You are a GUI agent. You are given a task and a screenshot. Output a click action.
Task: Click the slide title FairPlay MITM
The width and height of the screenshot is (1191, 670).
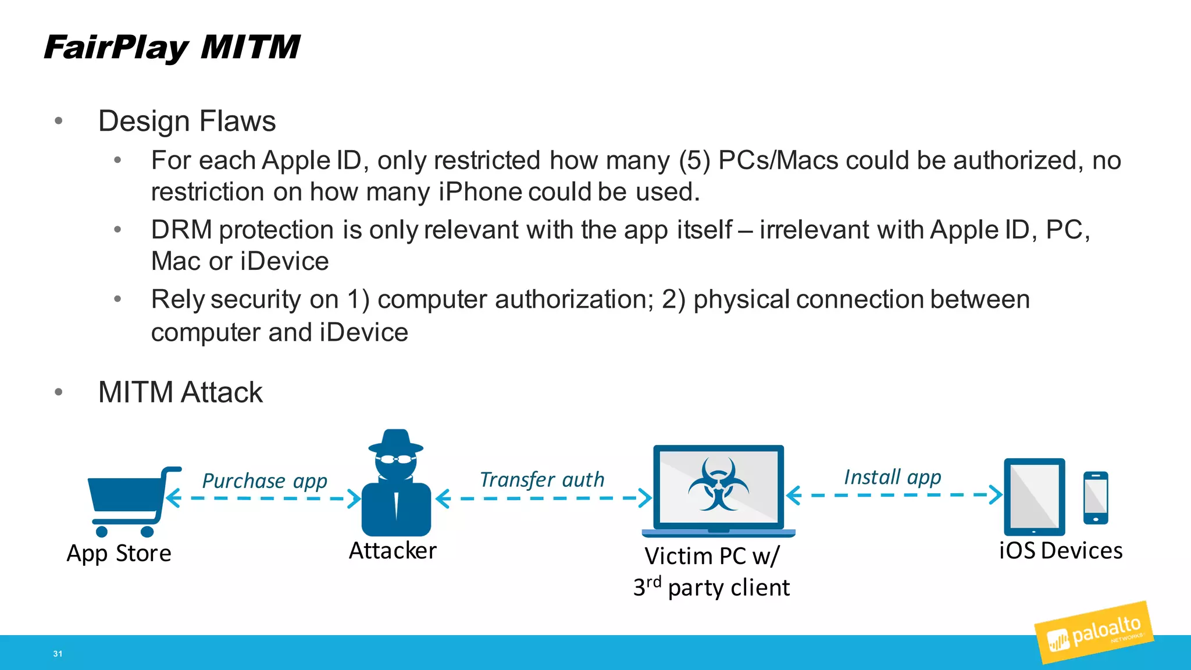point(172,48)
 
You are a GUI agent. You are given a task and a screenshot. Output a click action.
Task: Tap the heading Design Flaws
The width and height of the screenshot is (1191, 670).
point(187,122)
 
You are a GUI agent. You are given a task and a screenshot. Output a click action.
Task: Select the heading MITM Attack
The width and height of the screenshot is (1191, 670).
point(180,392)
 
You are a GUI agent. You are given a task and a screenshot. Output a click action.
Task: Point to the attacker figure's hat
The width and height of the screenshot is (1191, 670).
point(396,441)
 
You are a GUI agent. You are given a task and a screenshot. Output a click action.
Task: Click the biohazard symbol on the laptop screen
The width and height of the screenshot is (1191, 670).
point(718,484)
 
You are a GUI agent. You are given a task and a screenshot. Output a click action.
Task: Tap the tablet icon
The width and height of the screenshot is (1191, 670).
point(1035,497)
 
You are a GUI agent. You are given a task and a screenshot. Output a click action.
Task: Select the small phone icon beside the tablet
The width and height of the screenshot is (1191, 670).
point(1096,498)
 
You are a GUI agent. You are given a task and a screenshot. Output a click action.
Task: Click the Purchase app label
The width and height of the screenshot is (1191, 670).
point(265,481)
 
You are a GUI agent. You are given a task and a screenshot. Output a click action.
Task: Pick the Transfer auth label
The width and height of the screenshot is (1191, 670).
point(542,480)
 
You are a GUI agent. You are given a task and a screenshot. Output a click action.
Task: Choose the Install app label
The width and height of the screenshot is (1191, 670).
point(892,477)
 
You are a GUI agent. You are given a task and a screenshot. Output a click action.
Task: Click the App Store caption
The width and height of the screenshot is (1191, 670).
point(119,553)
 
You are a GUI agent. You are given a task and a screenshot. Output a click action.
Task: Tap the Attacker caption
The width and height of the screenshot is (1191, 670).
point(393,551)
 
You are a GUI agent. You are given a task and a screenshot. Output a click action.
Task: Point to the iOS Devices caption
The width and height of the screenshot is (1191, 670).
point(1061,551)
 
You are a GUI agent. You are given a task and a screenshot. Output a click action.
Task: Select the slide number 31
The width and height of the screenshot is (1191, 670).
point(58,654)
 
